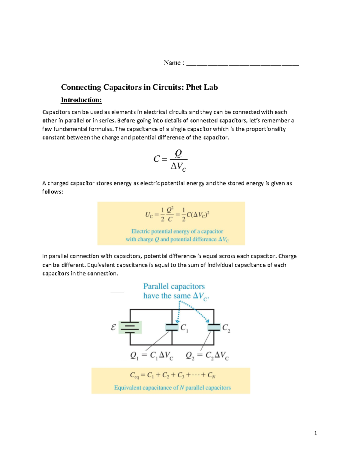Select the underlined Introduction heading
[x=81, y=100]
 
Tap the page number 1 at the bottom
[x=315, y=433]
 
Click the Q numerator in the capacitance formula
[x=178, y=153]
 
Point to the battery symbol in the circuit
[x=130, y=327]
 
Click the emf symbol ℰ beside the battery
[x=113, y=327]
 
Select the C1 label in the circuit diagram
[x=184, y=328]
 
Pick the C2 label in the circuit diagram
[x=226, y=328]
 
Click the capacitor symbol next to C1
[x=172, y=327]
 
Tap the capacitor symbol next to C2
[x=214, y=327]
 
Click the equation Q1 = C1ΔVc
[x=151, y=356]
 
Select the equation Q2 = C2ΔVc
[x=207, y=356]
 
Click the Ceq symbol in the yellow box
[x=134, y=375]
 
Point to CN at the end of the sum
[x=211, y=375]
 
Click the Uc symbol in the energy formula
[x=149, y=215]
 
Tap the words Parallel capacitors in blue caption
[x=174, y=286]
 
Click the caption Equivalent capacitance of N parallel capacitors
[x=172, y=388]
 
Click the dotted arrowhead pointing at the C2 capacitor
[x=208, y=321]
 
